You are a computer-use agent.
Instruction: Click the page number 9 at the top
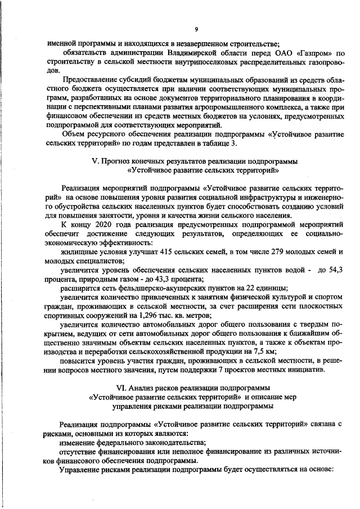(x=196, y=29)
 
